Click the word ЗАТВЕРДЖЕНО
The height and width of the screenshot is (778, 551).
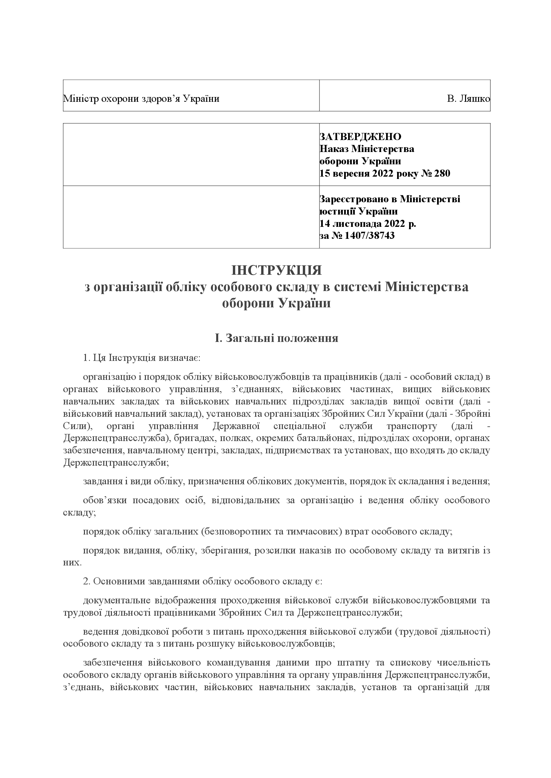(360, 137)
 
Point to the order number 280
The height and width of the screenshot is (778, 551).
(442, 174)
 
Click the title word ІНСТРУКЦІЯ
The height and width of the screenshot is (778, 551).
(276, 271)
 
